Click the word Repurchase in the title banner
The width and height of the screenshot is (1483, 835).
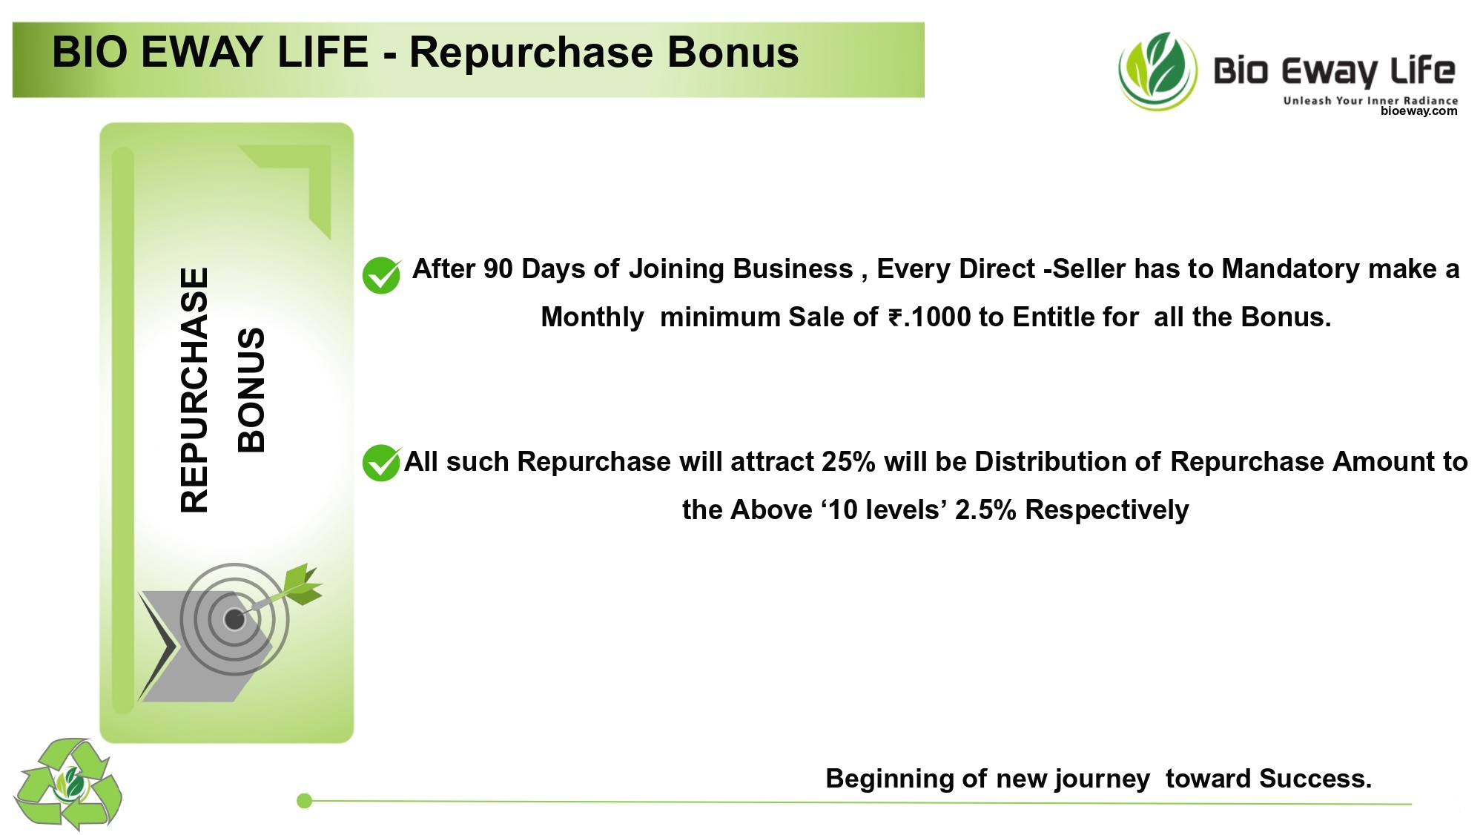pos(530,53)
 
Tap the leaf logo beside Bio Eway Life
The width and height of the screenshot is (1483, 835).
pos(1157,71)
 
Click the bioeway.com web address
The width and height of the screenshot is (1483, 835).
pos(1418,111)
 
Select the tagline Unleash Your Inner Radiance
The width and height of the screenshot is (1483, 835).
pos(1370,100)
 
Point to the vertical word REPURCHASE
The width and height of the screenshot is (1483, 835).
pos(194,390)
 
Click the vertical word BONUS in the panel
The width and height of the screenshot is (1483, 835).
pos(251,390)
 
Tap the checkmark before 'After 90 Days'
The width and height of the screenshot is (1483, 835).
pos(381,275)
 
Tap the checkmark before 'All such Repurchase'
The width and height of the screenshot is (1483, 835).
pos(381,463)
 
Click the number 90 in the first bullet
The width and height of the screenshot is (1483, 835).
pos(498,269)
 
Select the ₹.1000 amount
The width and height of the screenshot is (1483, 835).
pos(930,317)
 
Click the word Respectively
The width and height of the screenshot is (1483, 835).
pos(1107,511)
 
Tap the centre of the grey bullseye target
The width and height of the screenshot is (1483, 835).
pos(234,618)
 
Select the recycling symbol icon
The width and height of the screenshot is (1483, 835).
pos(67,784)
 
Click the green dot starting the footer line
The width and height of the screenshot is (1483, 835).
pos(304,801)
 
